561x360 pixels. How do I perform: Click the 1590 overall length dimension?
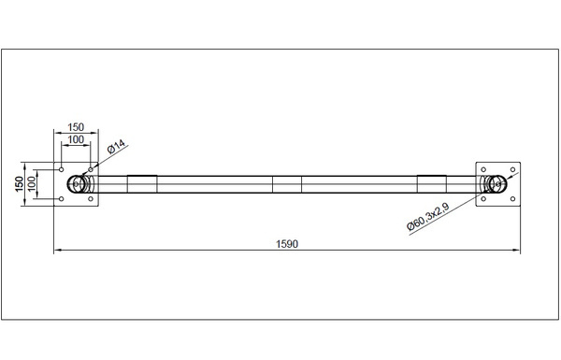click(x=287, y=244)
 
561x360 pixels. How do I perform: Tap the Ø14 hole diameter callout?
click(x=117, y=147)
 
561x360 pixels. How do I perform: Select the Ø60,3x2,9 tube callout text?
click(x=428, y=217)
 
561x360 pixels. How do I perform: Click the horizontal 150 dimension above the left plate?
click(x=76, y=127)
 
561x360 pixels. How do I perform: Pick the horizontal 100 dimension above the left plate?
click(x=76, y=139)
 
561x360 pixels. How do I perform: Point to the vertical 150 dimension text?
click(x=20, y=184)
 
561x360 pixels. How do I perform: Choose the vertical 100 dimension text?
click(x=32, y=184)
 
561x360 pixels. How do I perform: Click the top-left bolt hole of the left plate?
click(x=61, y=169)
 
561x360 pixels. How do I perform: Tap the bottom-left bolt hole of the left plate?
click(x=61, y=198)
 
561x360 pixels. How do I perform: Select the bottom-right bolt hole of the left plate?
click(x=91, y=198)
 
